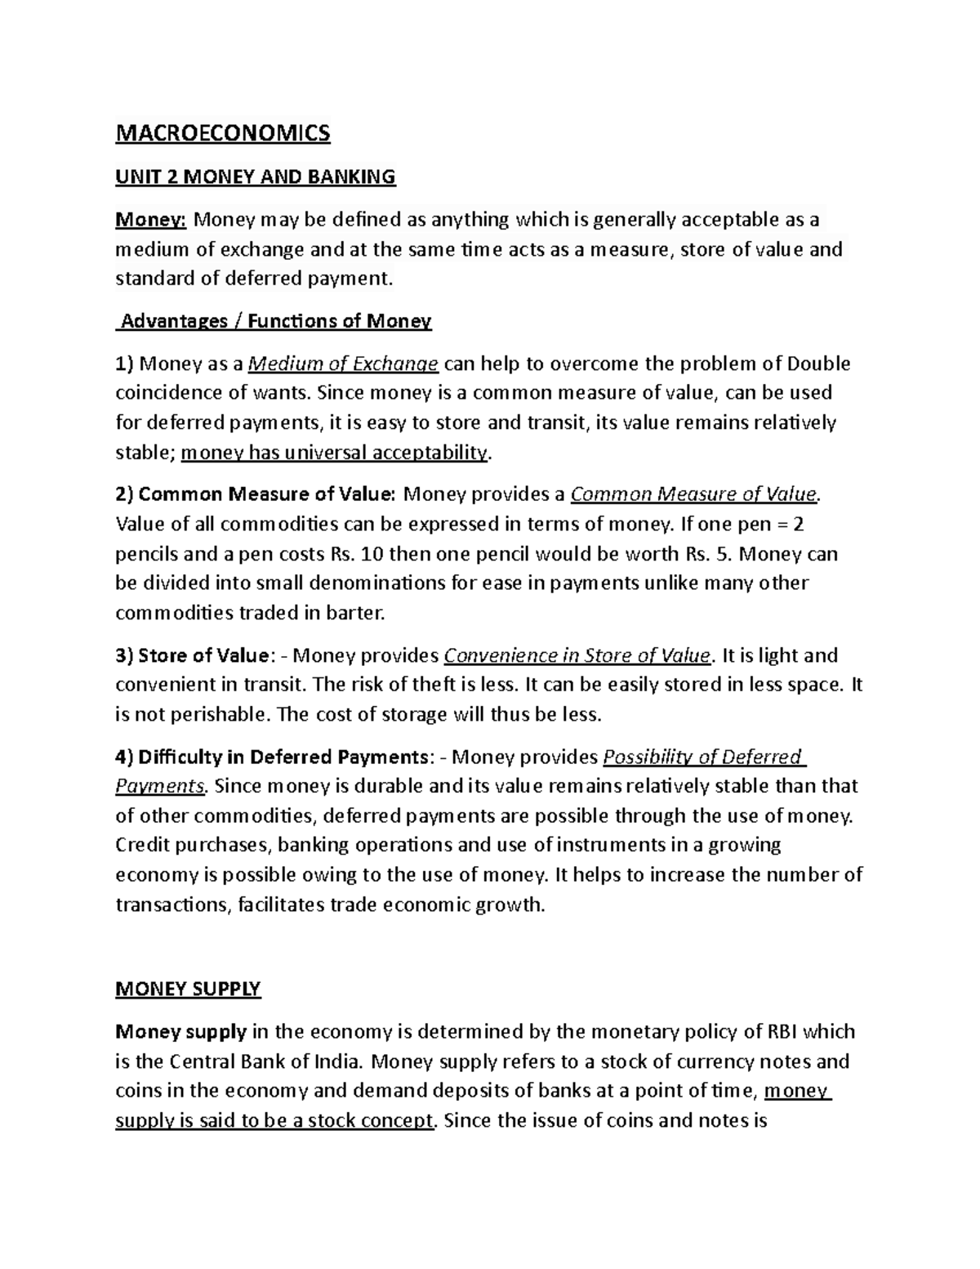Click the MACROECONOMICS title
pos(223,133)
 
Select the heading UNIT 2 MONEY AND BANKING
pos(255,177)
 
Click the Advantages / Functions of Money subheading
pos(274,321)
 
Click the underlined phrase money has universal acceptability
pos(333,453)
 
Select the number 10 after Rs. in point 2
pos(371,554)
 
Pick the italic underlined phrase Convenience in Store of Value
pos(577,655)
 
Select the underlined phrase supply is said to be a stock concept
pos(274,1120)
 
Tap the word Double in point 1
pos(818,364)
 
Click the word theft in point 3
pos(430,685)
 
